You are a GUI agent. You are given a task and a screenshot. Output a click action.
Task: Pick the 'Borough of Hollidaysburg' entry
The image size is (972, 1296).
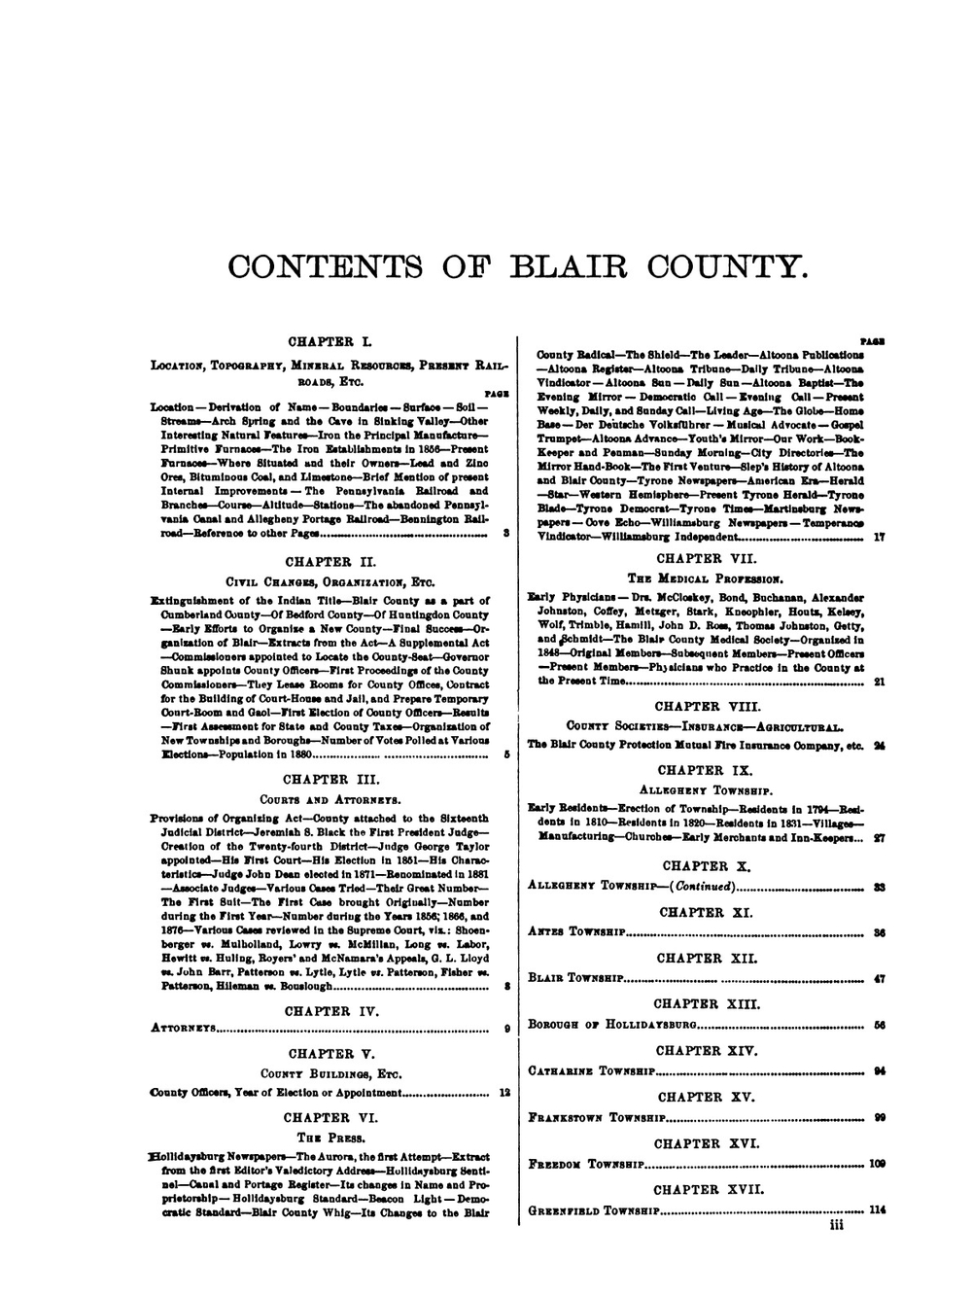pyautogui.click(x=611, y=1024)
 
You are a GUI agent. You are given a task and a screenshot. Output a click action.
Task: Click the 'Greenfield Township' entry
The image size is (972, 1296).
pyautogui.click(x=594, y=1210)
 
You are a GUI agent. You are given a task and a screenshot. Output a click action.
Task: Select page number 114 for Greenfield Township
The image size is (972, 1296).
pyautogui.click(x=878, y=1210)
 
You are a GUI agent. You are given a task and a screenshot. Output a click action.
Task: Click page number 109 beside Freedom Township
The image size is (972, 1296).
pyautogui.click(x=878, y=1164)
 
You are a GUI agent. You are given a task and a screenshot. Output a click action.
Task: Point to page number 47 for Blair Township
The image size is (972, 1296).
pyautogui.click(x=879, y=979)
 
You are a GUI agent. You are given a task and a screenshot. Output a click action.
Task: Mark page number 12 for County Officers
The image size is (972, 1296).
pyautogui.click(x=504, y=1092)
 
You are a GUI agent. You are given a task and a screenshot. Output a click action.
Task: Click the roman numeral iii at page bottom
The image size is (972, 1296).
pyautogui.click(x=836, y=1227)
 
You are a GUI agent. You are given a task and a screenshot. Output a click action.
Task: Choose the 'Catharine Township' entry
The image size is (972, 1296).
pyautogui.click(x=591, y=1070)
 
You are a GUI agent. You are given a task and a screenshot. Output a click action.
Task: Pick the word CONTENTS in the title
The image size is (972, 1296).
pyautogui.click(x=311, y=265)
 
